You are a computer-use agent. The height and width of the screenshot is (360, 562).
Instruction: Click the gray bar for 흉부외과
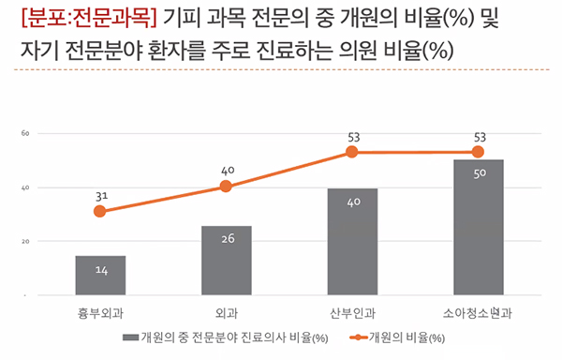pyautogui.click(x=100, y=276)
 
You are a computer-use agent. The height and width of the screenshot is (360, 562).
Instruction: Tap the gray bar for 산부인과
pyautogui.click(x=352, y=242)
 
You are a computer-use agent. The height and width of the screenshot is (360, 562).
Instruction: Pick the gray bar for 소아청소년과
pyautogui.click(x=478, y=228)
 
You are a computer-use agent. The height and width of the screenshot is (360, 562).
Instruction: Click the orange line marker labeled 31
pyautogui.click(x=100, y=212)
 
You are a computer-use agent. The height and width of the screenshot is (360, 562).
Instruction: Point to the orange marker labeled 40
pyautogui.click(x=226, y=187)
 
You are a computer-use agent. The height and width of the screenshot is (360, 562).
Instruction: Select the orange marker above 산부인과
pyautogui.click(x=352, y=152)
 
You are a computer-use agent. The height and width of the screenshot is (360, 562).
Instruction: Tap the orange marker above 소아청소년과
pyautogui.click(x=478, y=152)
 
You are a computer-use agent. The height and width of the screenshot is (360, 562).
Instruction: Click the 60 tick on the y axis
pyautogui.click(x=27, y=134)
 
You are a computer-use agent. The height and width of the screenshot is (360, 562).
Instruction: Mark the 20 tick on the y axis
pyautogui.click(x=27, y=242)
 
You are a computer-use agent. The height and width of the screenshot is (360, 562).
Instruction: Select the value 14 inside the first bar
pyautogui.click(x=100, y=271)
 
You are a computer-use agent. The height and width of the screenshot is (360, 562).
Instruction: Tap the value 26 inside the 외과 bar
pyautogui.click(x=226, y=240)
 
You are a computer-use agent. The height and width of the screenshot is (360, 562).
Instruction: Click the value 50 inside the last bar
pyautogui.click(x=478, y=173)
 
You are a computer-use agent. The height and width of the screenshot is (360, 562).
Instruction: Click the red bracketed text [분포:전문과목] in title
pyautogui.click(x=86, y=18)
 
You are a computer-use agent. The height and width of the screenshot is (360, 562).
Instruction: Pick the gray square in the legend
pyautogui.click(x=128, y=336)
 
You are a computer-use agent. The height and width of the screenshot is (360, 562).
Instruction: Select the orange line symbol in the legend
pyautogui.click(x=357, y=336)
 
